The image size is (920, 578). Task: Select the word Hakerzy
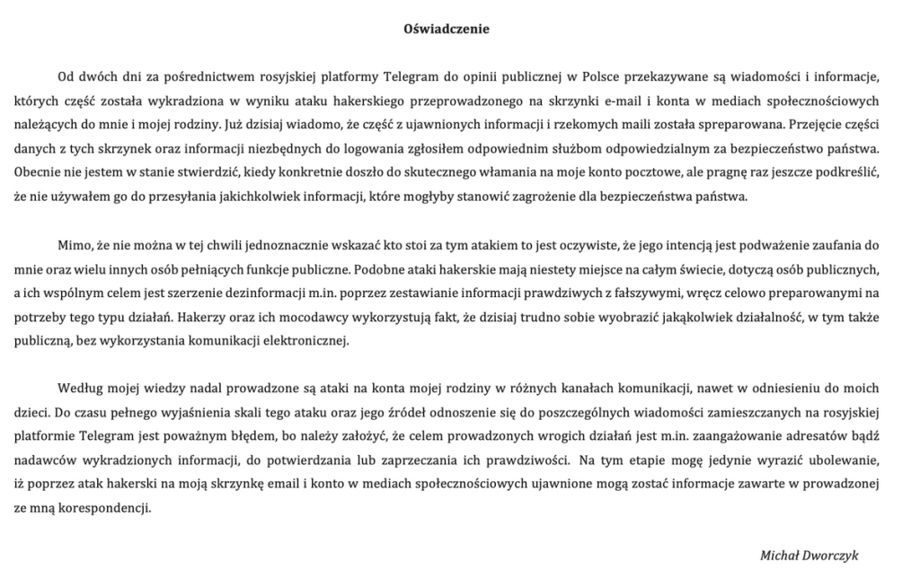[x=201, y=316]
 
